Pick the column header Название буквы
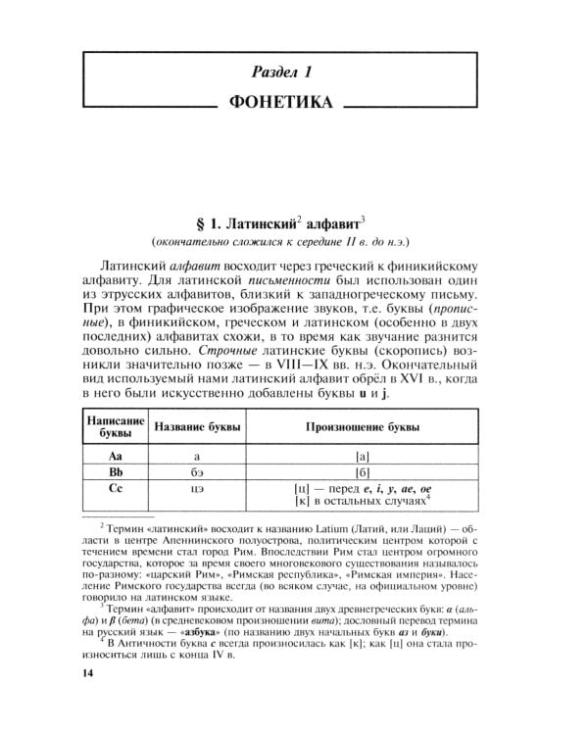[x=196, y=427]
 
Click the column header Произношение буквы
[x=363, y=427]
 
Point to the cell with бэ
[x=196, y=473]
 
